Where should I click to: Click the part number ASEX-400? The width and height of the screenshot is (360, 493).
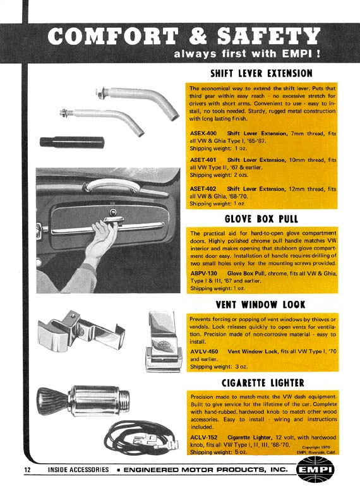pos(203,133)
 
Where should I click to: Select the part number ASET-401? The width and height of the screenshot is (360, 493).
pos(203,160)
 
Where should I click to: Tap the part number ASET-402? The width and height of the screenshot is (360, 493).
pos(203,188)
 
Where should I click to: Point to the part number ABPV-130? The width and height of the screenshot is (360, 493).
pos(203,273)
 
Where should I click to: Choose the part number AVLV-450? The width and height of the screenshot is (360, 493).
pos(204,351)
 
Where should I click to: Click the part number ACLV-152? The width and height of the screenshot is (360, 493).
pos(204,437)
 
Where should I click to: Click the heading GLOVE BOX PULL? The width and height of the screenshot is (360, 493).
pos(261,219)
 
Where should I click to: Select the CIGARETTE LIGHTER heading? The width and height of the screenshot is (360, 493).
pos(263,382)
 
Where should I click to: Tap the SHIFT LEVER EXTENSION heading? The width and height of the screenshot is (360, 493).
pos(261,73)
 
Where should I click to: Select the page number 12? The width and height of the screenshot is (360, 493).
pos(28,470)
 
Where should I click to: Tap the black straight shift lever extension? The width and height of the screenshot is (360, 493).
pos(72,142)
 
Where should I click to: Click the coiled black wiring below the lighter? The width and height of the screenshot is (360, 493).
pos(141,438)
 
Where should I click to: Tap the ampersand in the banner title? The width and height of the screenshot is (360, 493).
pos(198,35)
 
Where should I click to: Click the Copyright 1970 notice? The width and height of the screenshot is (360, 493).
pos(316,447)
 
